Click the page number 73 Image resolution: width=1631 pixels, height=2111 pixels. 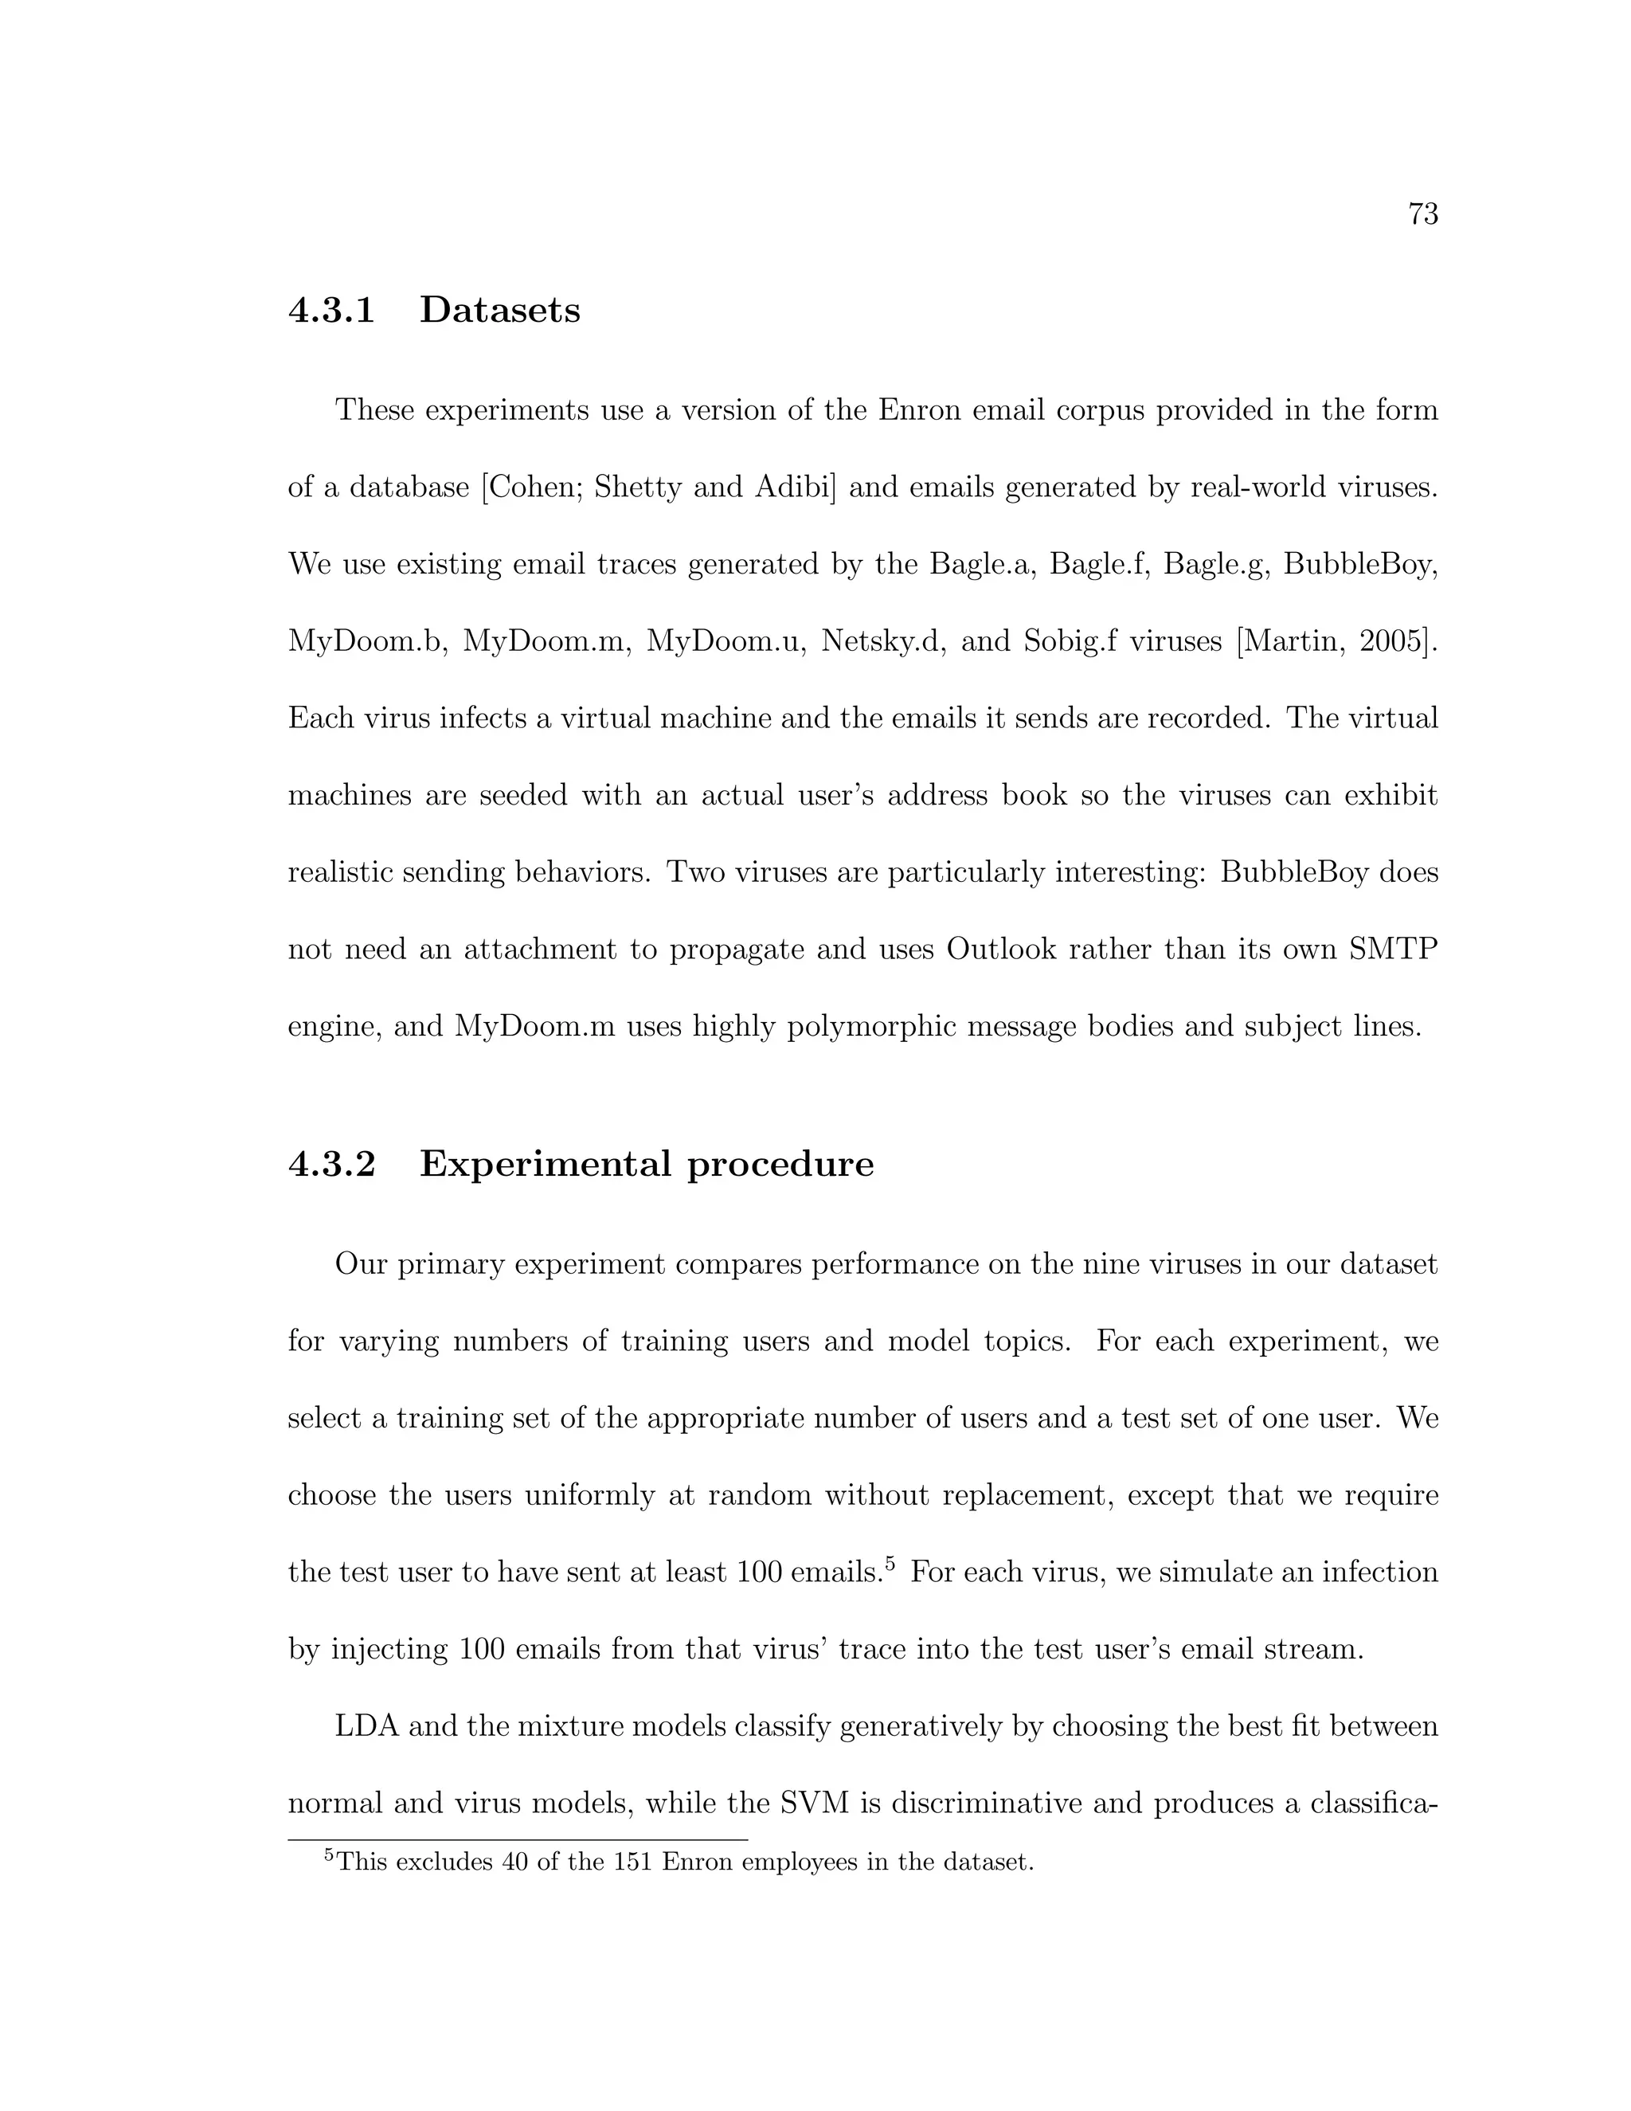coord(1423,213)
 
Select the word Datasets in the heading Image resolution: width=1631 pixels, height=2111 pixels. coord(499,310)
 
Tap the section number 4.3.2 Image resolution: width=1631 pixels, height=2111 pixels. coord(331,1164)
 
